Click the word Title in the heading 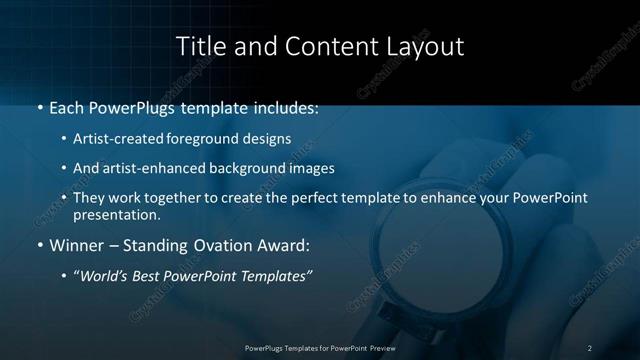199,46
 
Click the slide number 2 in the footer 589,348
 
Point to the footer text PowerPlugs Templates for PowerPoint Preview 319,348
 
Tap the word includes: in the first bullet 284,108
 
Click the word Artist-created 112,138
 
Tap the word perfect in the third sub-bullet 312,198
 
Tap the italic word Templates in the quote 272,275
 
